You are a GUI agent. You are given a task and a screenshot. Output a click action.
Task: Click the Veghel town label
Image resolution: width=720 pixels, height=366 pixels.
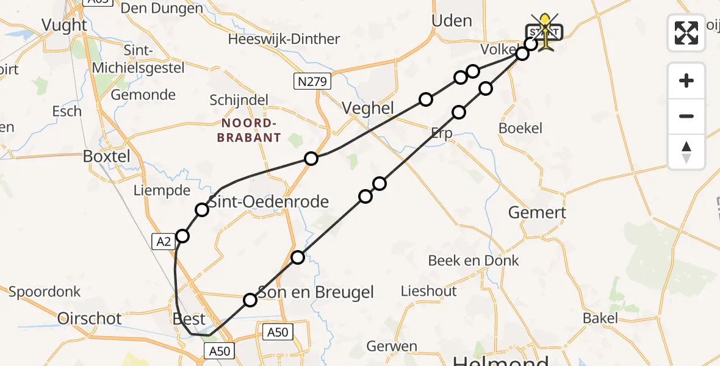[x=367, y=108]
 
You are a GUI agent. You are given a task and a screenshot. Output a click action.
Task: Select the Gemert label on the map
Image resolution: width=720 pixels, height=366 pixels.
[x=537, y=212]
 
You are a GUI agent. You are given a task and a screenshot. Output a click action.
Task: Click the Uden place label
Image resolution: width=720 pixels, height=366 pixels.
[x=452, y=21]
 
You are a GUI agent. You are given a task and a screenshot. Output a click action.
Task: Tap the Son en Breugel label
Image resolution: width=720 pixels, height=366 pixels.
[x=315, y=292]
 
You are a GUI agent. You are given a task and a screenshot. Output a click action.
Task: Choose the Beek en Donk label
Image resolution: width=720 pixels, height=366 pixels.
[x=473, y=260]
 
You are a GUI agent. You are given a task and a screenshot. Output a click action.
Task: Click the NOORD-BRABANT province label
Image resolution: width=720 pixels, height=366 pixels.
[x=249, y=130]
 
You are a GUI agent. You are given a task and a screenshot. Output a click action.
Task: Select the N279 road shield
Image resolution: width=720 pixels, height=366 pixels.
[x=312, y=82]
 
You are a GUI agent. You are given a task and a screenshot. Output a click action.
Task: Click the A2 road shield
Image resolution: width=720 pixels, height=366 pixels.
[x=164, y=242]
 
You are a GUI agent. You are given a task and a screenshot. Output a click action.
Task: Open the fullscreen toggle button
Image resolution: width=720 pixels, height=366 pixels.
[x=686, y=33]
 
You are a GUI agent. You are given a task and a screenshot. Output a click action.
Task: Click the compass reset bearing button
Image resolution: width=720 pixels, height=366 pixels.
[x=686, y=152]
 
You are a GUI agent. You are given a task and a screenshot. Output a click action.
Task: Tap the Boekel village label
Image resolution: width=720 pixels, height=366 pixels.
[x=520, y=128]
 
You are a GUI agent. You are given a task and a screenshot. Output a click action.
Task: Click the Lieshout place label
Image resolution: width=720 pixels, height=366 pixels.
[x=428, y=291]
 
